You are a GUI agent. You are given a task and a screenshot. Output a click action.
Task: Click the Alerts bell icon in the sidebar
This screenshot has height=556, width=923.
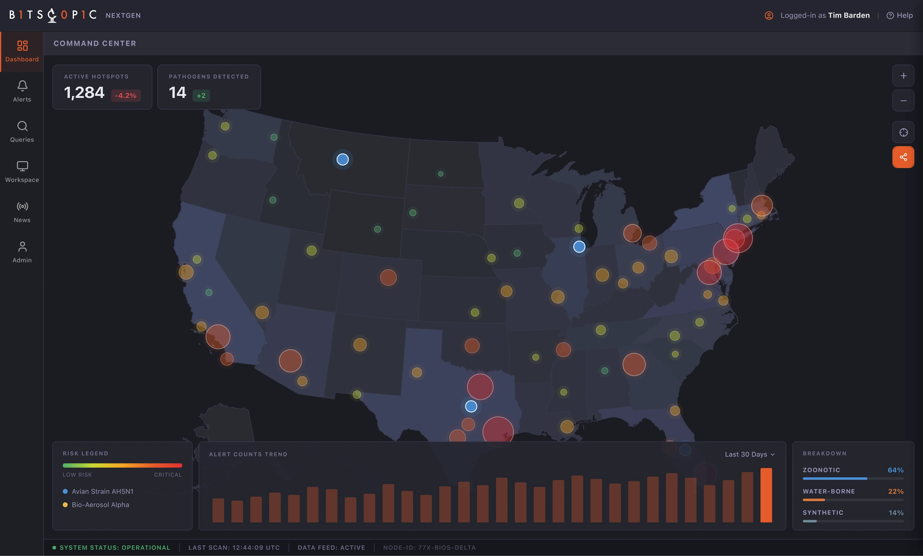(22, 86)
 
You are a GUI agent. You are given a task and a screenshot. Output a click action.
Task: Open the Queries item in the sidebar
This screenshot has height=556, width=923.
(22, 132)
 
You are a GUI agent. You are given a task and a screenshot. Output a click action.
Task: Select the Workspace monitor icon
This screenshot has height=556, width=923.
(22, 166)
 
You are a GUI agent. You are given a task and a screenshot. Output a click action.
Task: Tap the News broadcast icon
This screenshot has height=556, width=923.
(22, 206)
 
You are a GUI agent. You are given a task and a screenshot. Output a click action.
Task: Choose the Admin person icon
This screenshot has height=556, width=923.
(22, 246)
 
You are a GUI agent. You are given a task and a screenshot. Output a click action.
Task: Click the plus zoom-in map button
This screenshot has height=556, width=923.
(903, 76)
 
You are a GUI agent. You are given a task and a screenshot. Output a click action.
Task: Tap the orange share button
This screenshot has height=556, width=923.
(903, 157)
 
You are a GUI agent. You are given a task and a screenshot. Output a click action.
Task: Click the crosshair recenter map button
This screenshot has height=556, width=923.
(903, 132)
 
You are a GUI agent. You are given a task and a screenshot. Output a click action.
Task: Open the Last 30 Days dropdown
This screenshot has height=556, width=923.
(750, 454)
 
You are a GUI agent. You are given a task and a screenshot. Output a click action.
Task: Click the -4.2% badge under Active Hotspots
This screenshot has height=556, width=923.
(125, 95)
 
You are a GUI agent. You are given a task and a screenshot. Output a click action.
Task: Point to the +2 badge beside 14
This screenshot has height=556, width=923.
(201, 95)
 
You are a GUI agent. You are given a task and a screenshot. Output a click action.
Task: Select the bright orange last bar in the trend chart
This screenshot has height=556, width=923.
(766, 495)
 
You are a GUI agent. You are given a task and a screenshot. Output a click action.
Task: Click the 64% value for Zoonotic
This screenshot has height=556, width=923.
(895, 470)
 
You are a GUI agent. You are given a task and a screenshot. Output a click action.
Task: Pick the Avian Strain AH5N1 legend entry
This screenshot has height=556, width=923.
(98, 491)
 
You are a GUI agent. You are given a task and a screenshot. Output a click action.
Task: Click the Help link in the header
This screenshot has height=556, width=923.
(900, 15)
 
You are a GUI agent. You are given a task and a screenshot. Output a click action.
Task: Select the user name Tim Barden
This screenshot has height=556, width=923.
(849, 15)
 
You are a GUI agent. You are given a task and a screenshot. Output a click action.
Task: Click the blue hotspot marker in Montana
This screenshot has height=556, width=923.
(343, 160)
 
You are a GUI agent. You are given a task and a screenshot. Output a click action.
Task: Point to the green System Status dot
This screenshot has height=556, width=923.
(54, 547)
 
